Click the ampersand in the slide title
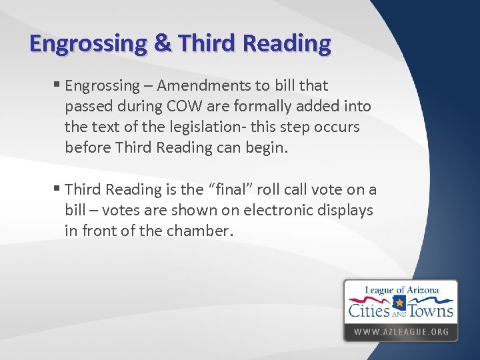(162, 44)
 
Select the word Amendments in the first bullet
(195, 86)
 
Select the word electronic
(283, 211)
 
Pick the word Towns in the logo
(431, 310)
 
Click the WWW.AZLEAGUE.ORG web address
(401, 331)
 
